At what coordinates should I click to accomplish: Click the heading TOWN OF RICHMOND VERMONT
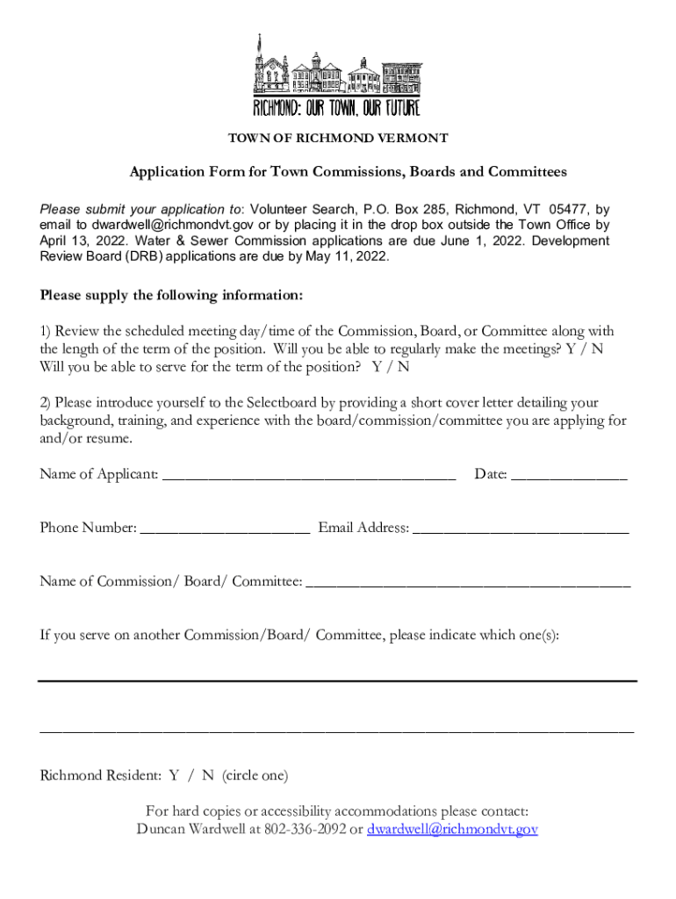pos(338,139)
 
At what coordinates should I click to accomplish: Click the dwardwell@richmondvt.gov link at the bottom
pos(452,829)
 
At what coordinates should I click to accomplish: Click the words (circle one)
pos(255,776)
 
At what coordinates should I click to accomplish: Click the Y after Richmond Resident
pos(174,776)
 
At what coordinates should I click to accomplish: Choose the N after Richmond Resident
pos(207,776)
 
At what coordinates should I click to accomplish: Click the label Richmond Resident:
pos(100,776)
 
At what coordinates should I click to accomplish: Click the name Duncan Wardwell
pos(186,829)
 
